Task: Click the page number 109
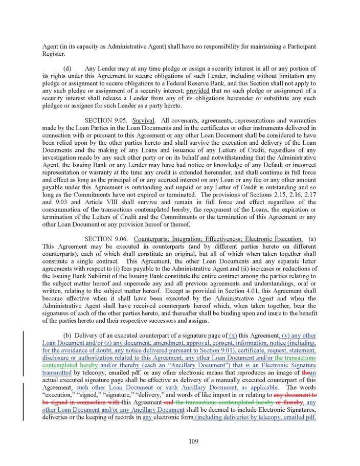click(x=180, y=441)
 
